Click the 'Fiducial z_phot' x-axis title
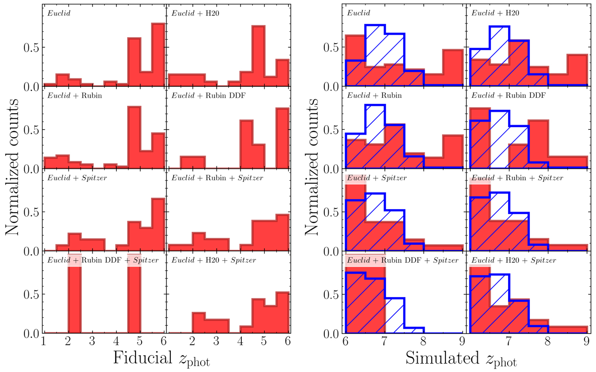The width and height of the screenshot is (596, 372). coord(161,359)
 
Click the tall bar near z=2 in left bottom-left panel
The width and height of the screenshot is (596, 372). coord(74,293)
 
